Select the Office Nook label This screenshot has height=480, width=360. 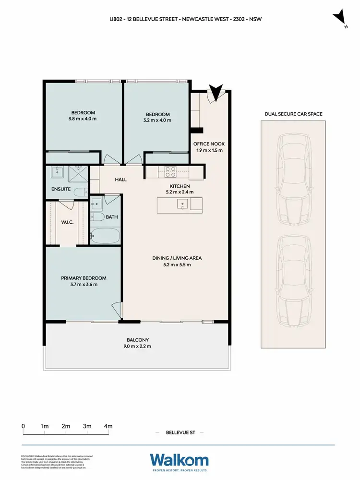209,144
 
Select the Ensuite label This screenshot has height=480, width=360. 61,189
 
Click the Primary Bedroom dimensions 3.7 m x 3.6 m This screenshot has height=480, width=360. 84,284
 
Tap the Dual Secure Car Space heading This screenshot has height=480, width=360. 293,114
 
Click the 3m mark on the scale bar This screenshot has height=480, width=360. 87,426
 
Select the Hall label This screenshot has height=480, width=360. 120,180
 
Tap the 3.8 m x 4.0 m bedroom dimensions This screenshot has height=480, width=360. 84,118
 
